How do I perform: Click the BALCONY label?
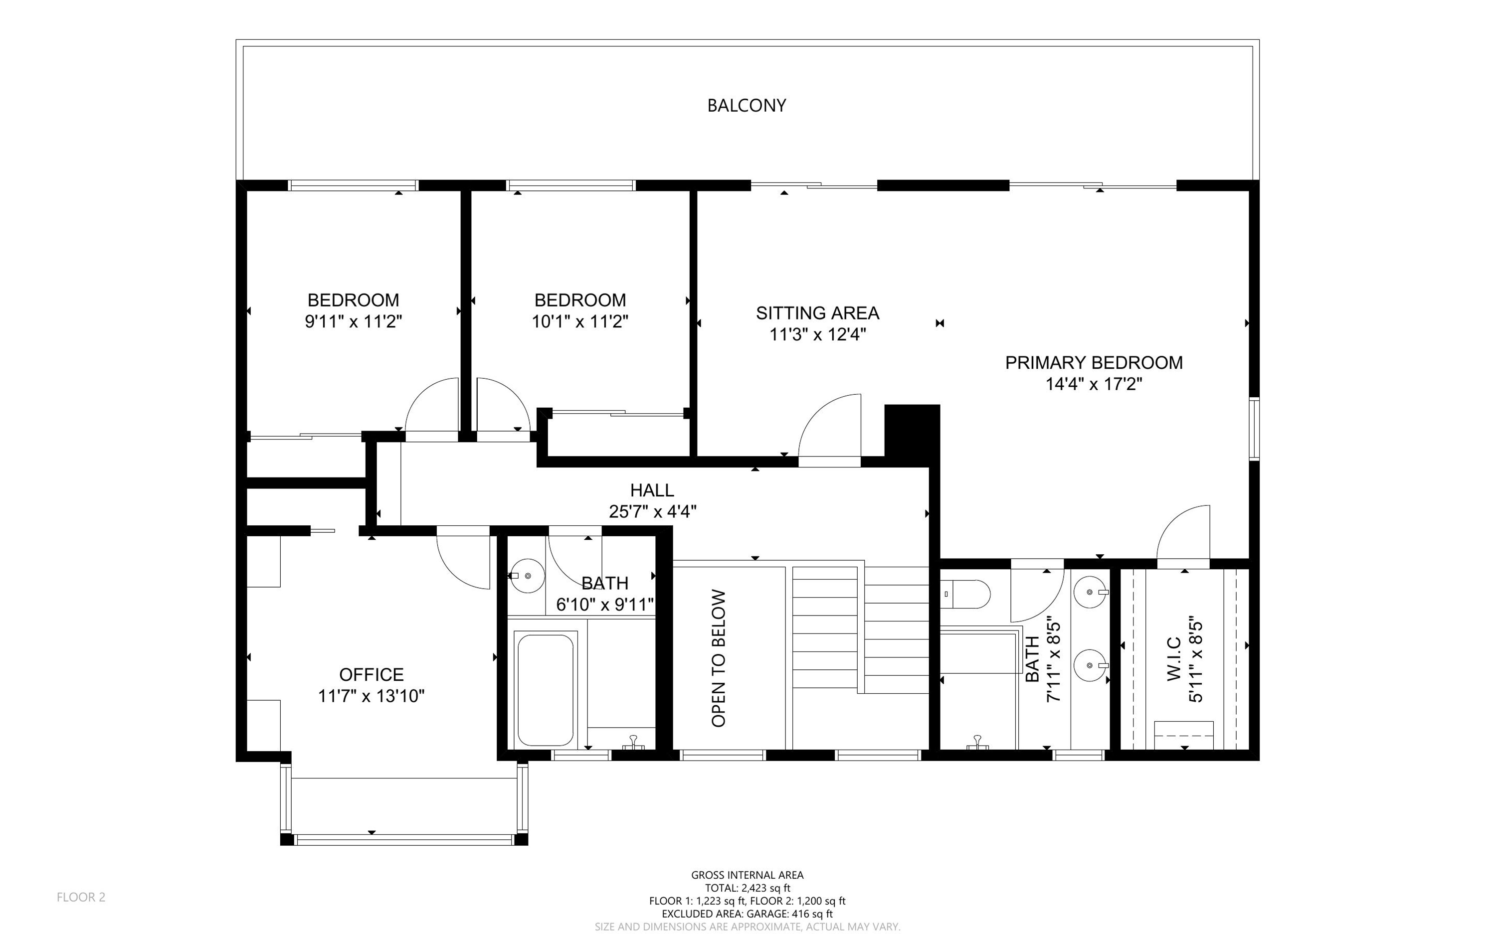pos(747,106)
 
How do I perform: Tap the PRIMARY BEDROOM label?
pos(1094,363)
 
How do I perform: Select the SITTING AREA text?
pos(817,313)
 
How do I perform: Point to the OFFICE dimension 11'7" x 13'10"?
pos(372,696)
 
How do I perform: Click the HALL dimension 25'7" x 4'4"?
pos(653,511)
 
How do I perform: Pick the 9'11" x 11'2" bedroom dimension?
pos(354,322)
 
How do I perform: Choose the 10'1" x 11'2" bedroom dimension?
pos(580,322)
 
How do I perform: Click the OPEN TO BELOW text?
pos(719,658)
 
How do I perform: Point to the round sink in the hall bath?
pos(528,576)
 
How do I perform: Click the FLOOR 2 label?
pos(81,898)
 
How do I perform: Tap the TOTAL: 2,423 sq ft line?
pos(747,888)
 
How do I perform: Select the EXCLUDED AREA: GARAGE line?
pos(747,914)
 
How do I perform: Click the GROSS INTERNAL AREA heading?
pos(747,875)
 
